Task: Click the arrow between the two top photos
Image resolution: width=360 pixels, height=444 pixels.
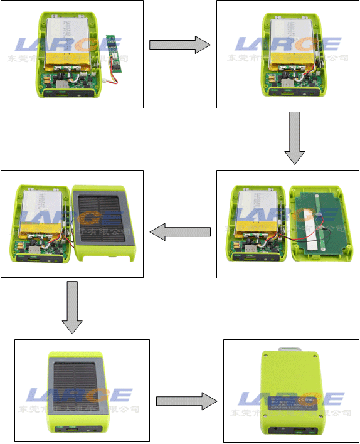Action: [179, 45]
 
